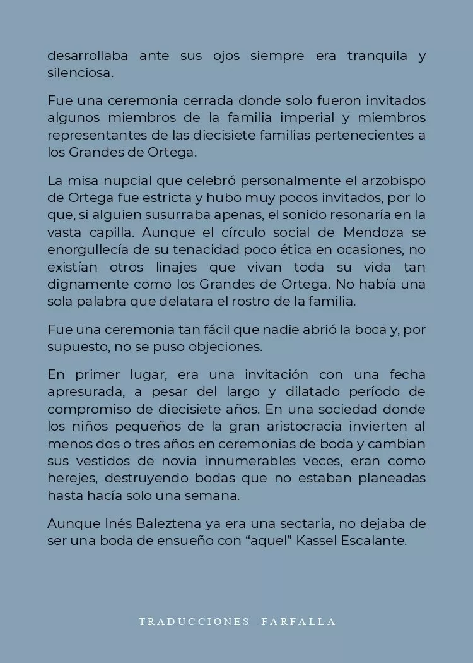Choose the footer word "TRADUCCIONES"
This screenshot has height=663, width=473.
tap(194, 622)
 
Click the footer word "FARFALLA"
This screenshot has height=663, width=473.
tap(298, 622)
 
